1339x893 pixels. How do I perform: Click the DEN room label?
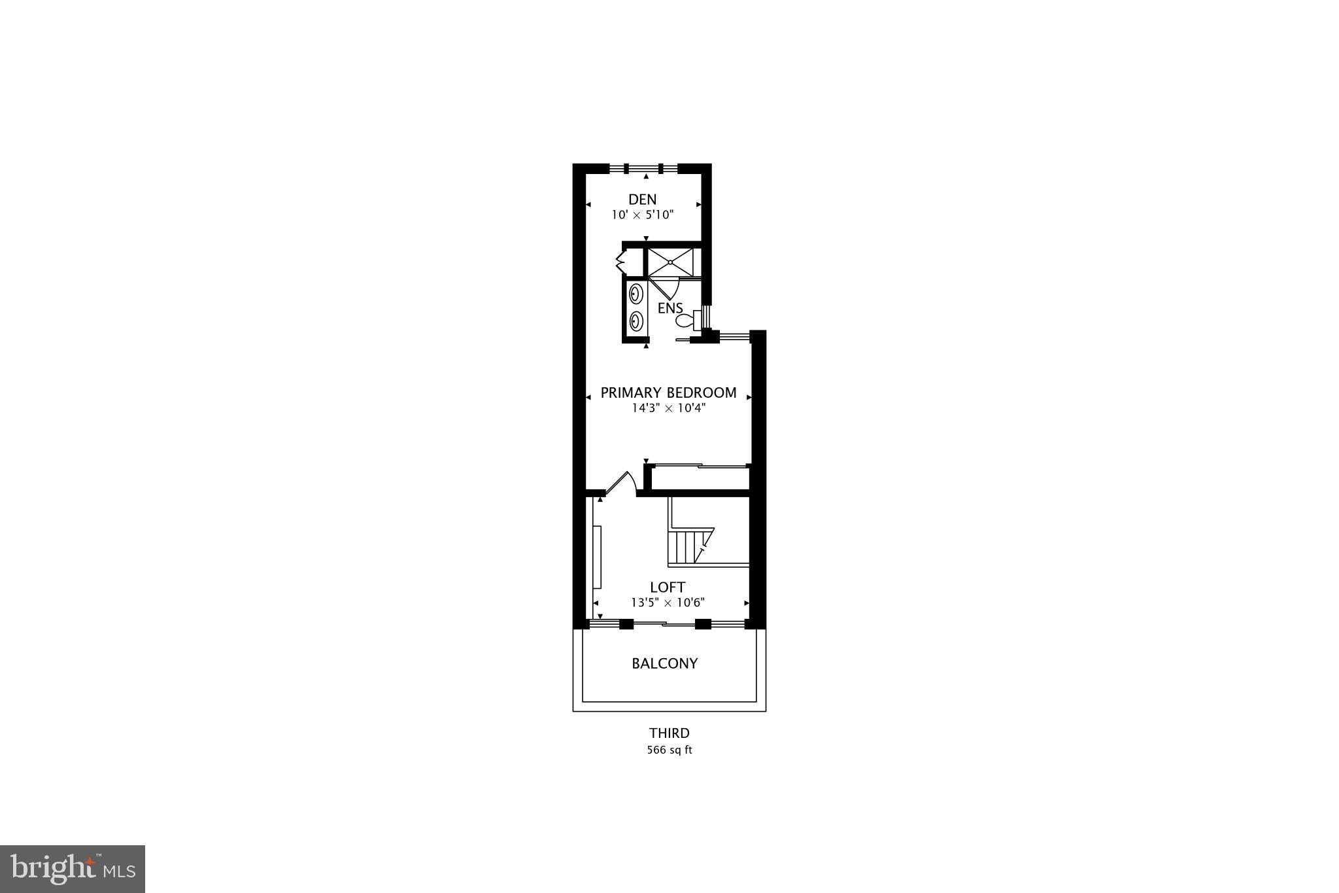pyautogui.click(x=642, y=200)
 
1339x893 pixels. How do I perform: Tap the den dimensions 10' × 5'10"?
pyautogui.click(x=642, y=215)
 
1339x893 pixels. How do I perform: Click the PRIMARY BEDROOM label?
pyautogui.click(x=668, y=393)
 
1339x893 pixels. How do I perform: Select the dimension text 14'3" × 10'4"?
pyautogui.click(x=668, y=408)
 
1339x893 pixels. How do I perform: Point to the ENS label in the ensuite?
pyautogui.click(x=670, y=308)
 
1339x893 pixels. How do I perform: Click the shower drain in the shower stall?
pyautogui.click(x=670, y=262)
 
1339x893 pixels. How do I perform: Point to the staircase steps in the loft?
pyautogui.click(x=686, y=546)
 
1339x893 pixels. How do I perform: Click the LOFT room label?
pyautogui.click(x=668, y=587)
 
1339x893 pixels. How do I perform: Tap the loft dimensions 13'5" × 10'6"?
pyautogui.click(x=668, y=603)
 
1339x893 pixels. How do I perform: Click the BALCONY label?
pyautogui.click(x=664, y=663)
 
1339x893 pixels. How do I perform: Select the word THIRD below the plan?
pyautogui.click(x=669, y=733)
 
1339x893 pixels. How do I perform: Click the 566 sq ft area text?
pyautogui.click(x=669, y=750)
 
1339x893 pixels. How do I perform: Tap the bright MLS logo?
pyautogui.click(x=72, y=869)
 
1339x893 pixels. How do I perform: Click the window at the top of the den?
pyautogui.click(x=643, y=168)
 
